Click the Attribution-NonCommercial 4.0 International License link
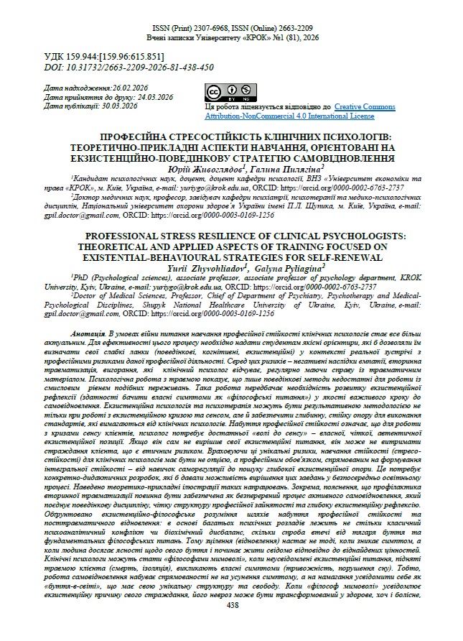pos(290,115)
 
